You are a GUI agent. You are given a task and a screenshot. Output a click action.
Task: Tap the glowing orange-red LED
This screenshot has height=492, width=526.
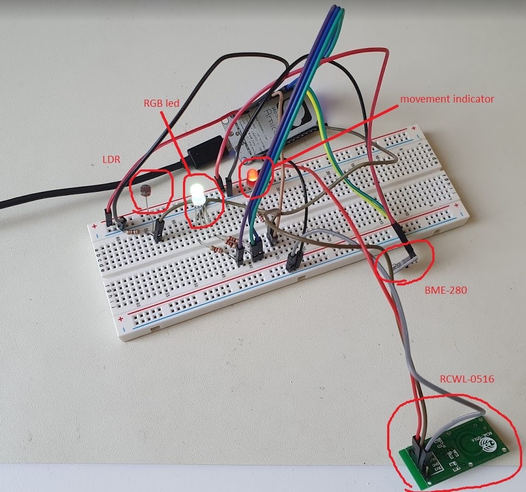252,177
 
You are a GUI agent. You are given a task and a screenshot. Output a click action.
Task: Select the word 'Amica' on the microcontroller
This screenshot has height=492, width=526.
267,116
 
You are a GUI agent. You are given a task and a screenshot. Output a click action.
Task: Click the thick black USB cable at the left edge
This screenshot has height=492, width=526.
33,198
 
